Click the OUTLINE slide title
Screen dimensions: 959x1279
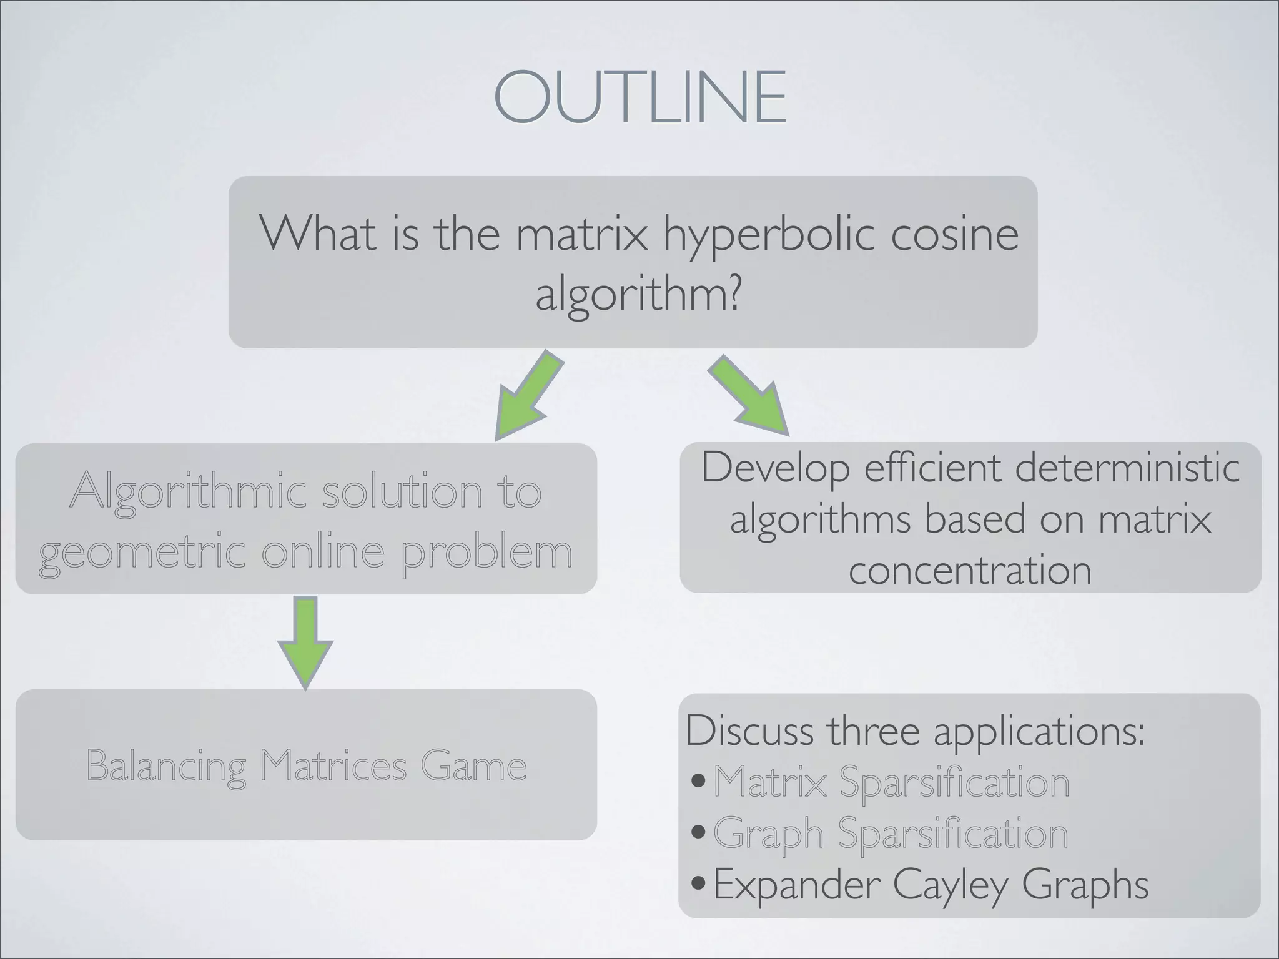[639, 97]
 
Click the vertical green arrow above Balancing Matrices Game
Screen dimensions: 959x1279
[305, 643]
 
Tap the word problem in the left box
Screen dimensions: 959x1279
[487, 553]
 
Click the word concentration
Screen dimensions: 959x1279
[970, 569]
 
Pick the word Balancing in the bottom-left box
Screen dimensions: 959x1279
[166, 765]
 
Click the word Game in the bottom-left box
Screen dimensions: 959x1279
[473, 765]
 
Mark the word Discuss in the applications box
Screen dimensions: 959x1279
[749, 730]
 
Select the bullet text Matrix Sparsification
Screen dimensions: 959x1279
[891, 782]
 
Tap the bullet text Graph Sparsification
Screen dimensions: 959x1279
[891, 834]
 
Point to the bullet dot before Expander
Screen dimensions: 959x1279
[699, 885]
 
